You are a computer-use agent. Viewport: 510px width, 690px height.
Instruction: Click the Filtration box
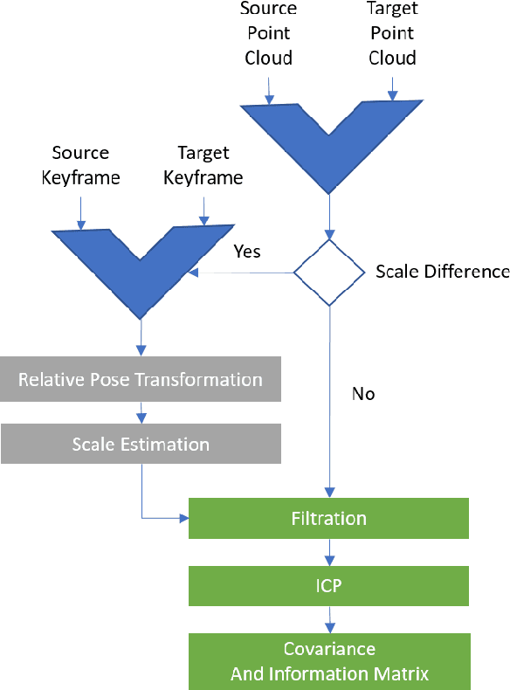(329, 518)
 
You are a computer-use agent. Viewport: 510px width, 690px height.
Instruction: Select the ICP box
(329, 585)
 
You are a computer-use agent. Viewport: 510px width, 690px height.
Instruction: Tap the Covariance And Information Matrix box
(329, 661)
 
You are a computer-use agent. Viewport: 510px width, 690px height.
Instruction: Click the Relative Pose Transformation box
(141, 379)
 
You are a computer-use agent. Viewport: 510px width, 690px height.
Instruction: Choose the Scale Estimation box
(141, 445)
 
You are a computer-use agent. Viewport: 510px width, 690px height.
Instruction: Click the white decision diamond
(329, 273)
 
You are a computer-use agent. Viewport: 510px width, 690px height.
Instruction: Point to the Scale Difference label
(442, 272)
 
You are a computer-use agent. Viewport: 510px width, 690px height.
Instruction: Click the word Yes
(247, 251)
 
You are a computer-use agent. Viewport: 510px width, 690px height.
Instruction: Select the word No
(363, 394)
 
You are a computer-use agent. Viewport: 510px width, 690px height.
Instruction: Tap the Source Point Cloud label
(268, 33)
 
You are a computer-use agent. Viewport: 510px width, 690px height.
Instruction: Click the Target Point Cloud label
(392, 33)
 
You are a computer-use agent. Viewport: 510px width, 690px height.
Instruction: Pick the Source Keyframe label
(80, 165)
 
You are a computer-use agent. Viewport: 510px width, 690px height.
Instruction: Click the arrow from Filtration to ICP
(329, 552)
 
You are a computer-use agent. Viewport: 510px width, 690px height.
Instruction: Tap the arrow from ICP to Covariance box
(329, 619)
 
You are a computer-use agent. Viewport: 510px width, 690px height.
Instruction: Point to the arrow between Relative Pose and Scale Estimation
(141, 412)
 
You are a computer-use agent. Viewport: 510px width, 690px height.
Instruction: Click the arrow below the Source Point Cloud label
(269, 89)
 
